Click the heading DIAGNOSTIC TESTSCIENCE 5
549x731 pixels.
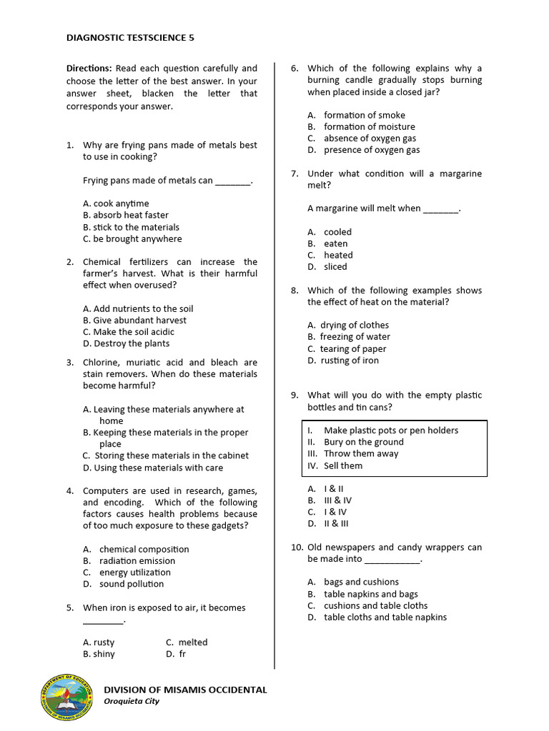[x=130, y=37]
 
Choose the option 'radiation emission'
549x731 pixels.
[x=137, y=561]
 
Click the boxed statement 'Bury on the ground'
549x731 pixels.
[x=363, y=442]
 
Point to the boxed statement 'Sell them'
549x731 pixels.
[x=343, y=465]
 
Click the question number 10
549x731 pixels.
[x=297, y=548]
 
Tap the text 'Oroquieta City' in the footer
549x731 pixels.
[x=132, y=701]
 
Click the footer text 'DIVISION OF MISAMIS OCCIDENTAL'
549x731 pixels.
[x=186, y=690]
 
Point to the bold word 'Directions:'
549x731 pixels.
[x=89, y=69]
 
